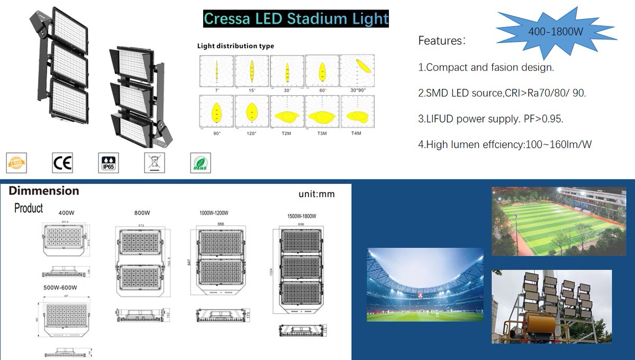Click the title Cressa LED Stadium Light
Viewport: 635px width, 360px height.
coord(296,20)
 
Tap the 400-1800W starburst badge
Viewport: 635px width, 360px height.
coord(556,31)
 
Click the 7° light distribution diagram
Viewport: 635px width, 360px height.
coord(216,71)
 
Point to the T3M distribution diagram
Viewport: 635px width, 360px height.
coord(322,112)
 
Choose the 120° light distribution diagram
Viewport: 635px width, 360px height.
coord(251,112)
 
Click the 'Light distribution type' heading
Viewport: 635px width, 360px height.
coord(235,46)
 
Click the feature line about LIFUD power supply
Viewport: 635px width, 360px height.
coord(491,119)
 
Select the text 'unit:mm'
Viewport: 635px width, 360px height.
coord(316,194)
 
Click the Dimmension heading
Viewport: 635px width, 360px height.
coord(44,191)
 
